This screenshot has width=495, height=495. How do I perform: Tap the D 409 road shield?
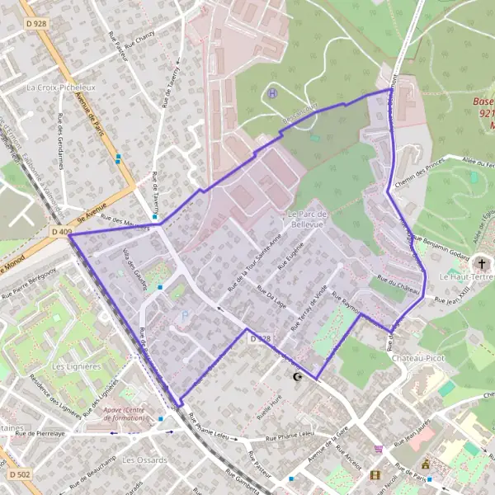coord(59,233)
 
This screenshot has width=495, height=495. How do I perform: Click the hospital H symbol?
coord(272,92)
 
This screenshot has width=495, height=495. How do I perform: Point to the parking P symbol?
coord(184,314)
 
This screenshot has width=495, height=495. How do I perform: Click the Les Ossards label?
coord(144,460)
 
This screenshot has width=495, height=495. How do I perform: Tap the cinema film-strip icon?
coord(375,475)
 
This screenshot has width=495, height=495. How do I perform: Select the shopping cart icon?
coord(378,449)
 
